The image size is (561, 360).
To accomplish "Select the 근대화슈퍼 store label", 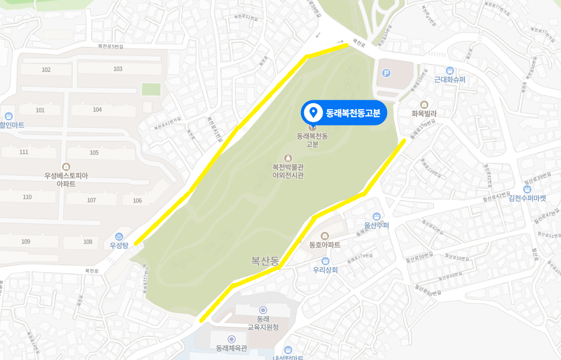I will tap(450, 80).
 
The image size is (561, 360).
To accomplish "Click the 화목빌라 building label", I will tap(424, 113).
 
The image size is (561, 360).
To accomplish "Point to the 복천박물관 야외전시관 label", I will tap(288, 171).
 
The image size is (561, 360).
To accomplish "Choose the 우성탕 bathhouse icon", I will tap(119, 236).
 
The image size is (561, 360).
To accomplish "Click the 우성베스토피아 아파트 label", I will tap(66, 180).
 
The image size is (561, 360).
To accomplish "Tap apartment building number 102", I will tap(46, 70).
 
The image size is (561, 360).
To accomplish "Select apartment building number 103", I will tap(118, 69).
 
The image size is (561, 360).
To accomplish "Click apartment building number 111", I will tap(24, 152).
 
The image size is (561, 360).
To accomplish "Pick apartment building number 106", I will tap(138, 201).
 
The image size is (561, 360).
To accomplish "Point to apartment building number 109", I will tap(25, 241).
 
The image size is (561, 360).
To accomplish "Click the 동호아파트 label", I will tap(324, 245).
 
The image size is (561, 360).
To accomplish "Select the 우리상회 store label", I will tap(325, 269).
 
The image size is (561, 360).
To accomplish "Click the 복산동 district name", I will tap(265, 260).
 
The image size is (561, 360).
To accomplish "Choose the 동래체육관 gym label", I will tap(231, 348).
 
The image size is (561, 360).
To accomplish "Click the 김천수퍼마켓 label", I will tap(527, 199).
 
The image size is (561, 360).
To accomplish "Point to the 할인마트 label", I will tap(12, 125).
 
